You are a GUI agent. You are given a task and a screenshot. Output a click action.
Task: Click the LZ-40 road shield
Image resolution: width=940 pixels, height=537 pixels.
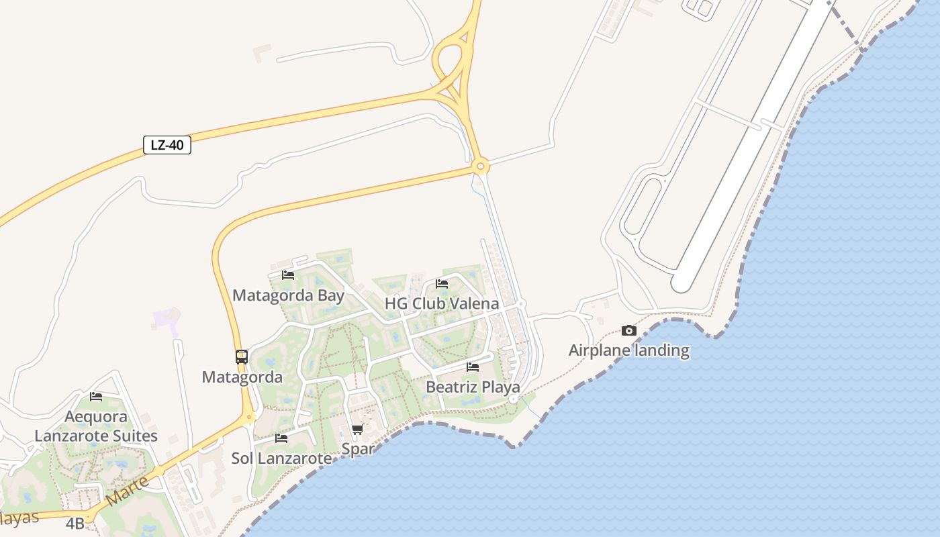pyautogui.click(x=167, y=145)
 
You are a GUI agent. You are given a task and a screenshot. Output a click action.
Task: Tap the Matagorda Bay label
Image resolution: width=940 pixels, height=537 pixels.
pyautogui.click(x=288, y=295)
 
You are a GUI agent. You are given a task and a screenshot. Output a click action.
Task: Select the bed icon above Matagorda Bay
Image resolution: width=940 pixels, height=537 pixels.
pyautogui.click(x=288, y=275)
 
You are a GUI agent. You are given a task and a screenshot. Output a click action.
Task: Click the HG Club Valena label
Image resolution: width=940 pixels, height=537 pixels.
pyautogui.click(x=442, y=303)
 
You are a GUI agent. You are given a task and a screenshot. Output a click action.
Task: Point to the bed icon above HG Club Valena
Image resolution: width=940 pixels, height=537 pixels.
pyautogui.click(x=442, y=284)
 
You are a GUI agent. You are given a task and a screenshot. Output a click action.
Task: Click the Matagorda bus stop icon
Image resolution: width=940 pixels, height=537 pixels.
pyautogui.click(x=242, y=357)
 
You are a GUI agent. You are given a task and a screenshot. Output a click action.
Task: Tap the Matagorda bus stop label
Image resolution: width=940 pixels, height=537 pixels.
pyautogui.click(x=242, y=377)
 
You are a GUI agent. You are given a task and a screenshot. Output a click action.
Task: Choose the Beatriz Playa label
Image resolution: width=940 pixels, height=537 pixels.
pyautogui.click(x=473, y=387)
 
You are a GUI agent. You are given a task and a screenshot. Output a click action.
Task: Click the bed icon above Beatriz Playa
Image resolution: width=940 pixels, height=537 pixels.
pyautogui.click(x=473, y=367)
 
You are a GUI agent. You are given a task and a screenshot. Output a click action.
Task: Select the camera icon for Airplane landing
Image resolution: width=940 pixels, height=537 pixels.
pyautogui.click(x=628, y=330)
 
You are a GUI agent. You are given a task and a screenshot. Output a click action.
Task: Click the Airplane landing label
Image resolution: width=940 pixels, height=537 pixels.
pyautogui.click(x=628, y=350)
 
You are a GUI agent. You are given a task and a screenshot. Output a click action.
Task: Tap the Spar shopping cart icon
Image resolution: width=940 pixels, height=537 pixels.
pyautogui.click(x=357, y=429)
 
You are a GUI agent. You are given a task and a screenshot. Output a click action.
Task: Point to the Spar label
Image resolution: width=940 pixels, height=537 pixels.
pyautogui.click(x=357, y=448)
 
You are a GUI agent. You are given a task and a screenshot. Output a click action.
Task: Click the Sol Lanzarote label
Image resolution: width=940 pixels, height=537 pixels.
pyautogui.click(x=281, y=458)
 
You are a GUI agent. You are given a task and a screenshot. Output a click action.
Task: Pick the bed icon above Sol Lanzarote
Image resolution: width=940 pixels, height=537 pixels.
pyautogui.click(x=281, y=438)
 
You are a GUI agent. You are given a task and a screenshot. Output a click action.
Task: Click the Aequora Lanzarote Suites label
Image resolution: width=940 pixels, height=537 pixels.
pyautogui.click(x=96, y=426)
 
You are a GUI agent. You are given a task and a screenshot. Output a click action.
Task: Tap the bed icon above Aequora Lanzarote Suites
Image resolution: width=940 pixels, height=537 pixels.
pyautogui.click(x=96, y=397)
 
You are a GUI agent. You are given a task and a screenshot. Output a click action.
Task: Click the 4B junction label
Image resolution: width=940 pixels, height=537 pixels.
pyautogui.click(x=75, y=524)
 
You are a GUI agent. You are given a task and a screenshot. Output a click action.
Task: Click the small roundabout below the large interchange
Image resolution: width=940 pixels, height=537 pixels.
pyautogui.click(x=480, y=166)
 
